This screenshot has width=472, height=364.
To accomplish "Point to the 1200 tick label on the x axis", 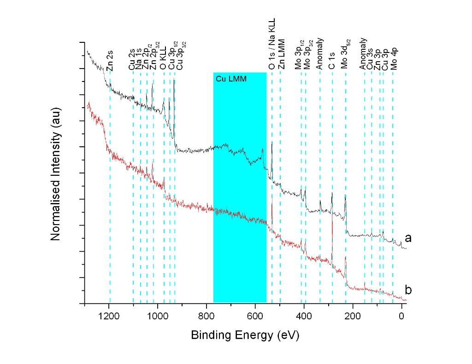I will (109, 316).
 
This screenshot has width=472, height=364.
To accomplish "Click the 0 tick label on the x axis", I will (402, 316).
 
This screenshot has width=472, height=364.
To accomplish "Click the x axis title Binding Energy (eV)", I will (245, 335).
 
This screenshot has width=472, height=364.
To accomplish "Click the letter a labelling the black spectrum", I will (408, 238).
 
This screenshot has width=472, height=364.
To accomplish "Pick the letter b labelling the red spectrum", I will (408, 290).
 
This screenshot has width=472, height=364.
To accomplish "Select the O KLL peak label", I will (164, 60).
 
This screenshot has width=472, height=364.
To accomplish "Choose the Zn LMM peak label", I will (281, 55).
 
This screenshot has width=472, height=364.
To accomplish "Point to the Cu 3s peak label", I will (370, 60).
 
